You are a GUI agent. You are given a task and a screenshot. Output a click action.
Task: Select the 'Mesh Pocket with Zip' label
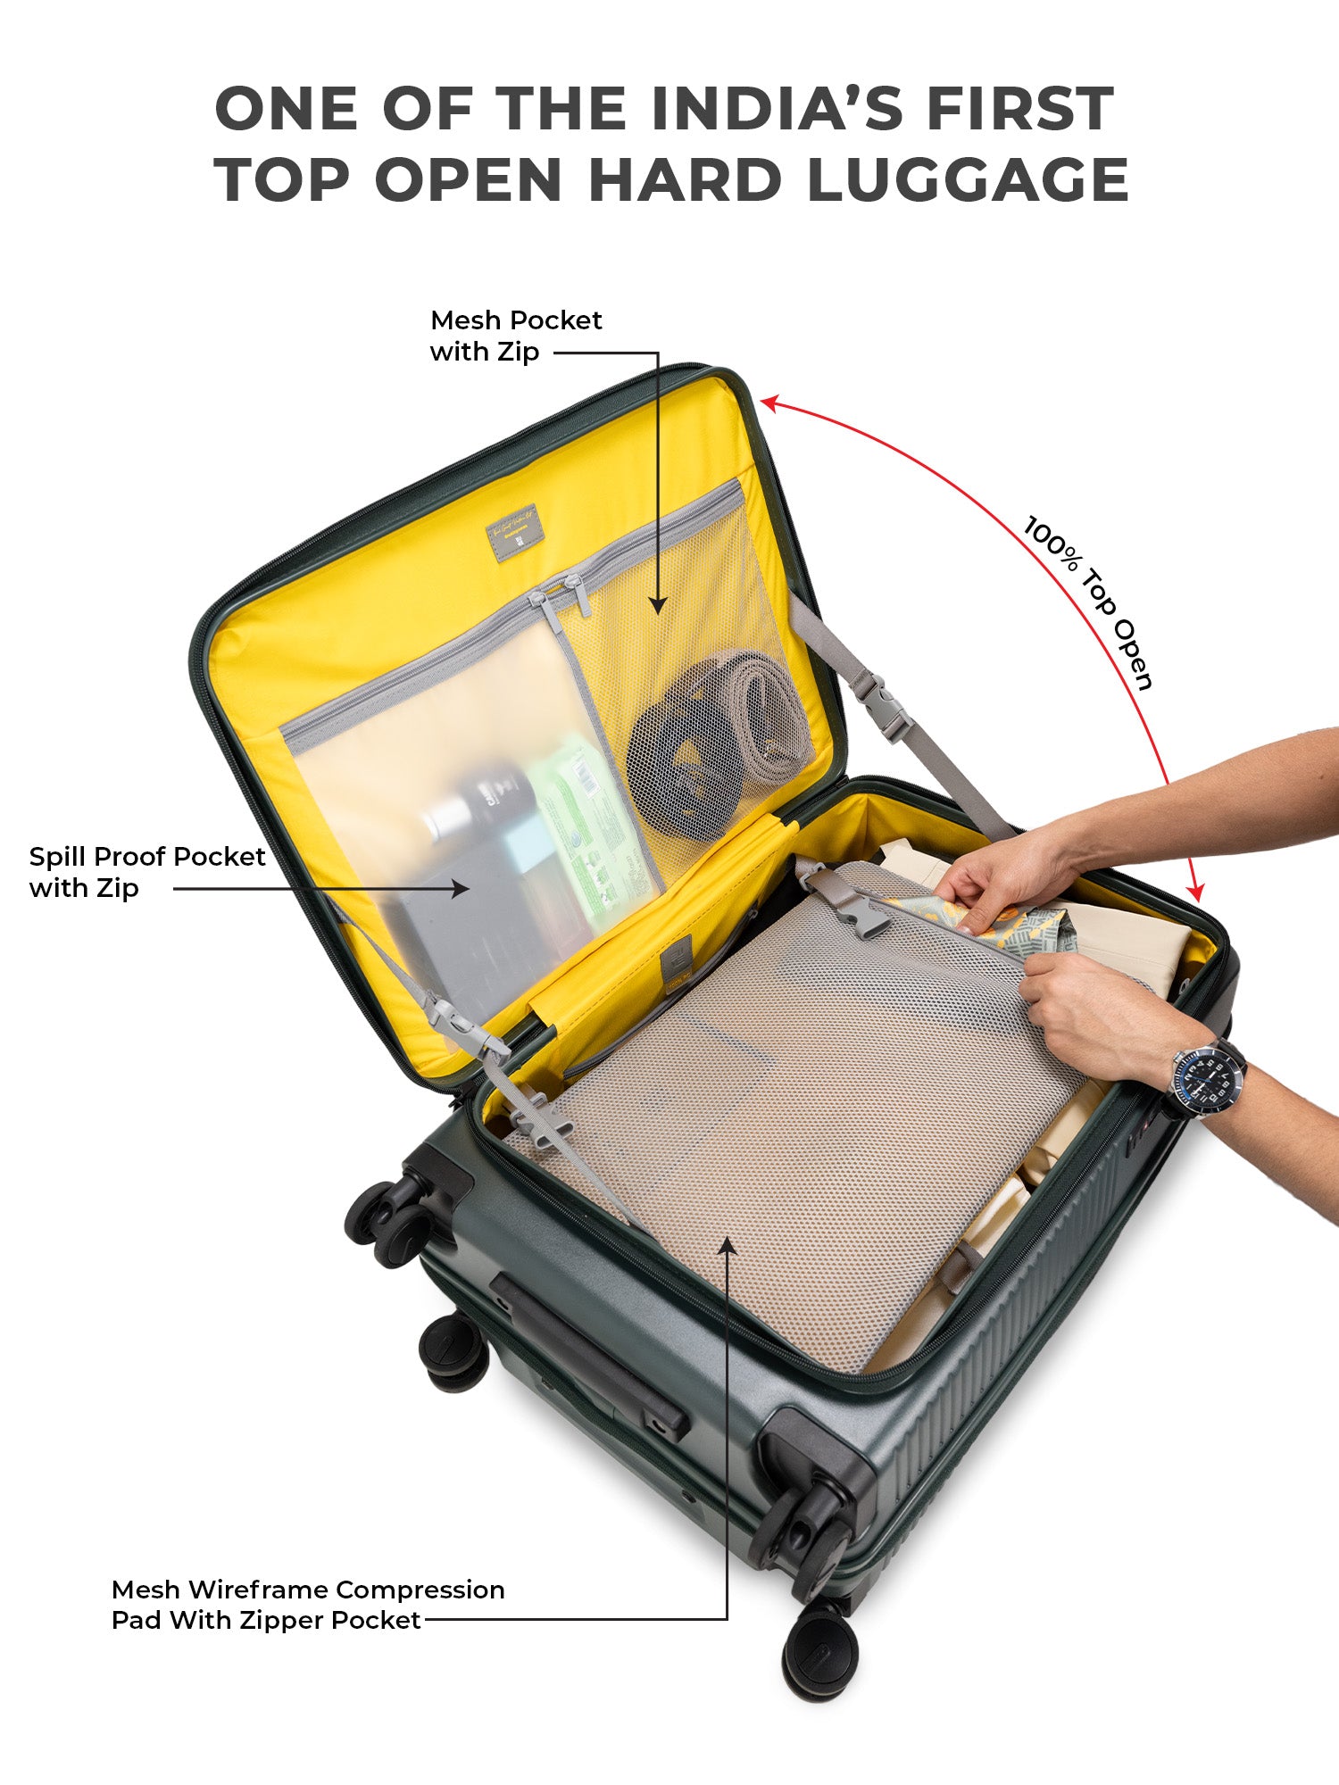tap(516, 336)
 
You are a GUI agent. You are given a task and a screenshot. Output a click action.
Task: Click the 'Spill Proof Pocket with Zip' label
tap(147, 872)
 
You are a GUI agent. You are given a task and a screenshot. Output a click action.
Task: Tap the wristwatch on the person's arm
tap(1205, 1078)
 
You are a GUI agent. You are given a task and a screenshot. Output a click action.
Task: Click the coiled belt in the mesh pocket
tap(719, 741)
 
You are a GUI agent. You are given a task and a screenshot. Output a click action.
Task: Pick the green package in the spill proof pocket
tap(585, 830)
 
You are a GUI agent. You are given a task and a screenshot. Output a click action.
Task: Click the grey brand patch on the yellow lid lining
tap(512, 535)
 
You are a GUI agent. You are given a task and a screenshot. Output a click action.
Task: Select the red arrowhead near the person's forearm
tap(1197, 890)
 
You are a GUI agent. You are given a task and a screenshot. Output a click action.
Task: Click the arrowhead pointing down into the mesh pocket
tap(658, 604)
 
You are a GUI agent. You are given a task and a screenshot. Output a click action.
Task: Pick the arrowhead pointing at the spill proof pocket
tap(460, 888)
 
